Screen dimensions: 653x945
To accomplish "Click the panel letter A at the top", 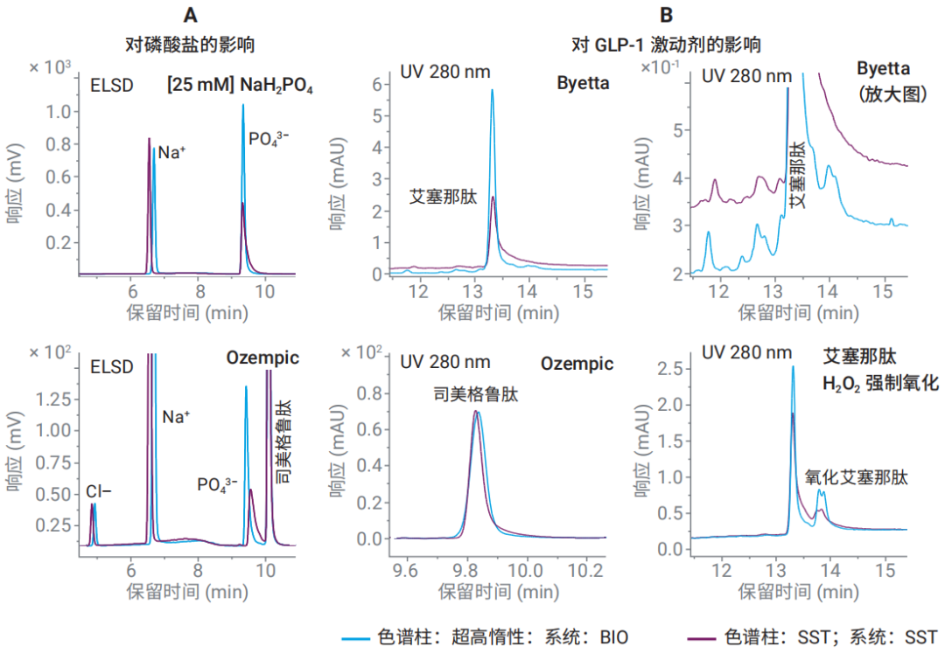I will pyautogui.click(x=190, y=15).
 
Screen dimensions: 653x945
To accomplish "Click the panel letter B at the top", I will pyautogui.click(x=668, y=15).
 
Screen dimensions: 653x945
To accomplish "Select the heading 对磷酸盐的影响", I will pyautogui.click(x=192, y=43).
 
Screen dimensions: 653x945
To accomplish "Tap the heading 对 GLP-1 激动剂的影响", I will pyautogui.click(x=666, y=43).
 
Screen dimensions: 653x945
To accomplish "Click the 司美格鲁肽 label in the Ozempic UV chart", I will pyautogui.click(x=476, y=395).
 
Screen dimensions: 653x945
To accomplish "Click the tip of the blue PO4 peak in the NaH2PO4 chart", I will pyautogui.click(x=243, y=105).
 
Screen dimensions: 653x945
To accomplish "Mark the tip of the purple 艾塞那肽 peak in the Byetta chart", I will pyautogui.click(x=493, y=198).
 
